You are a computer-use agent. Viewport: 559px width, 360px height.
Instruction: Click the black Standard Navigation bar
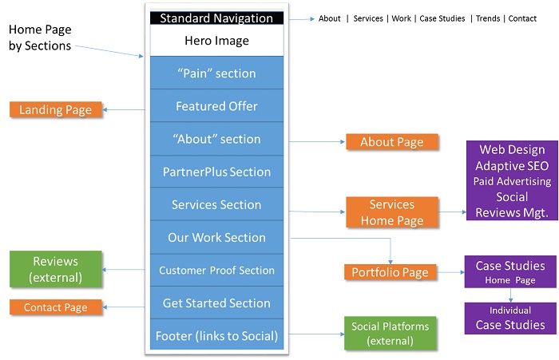click(216, 18)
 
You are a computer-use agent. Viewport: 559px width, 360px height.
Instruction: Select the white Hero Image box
click(216, 41)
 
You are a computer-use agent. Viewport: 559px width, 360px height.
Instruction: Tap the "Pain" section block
click(216, 73)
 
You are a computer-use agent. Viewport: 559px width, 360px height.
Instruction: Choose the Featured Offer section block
click(216, 106)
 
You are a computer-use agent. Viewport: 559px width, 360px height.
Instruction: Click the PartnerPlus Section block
click(216, 172)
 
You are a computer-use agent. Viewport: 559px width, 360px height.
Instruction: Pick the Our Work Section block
click(216, 237)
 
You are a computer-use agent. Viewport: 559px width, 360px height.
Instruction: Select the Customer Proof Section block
click(216, 271)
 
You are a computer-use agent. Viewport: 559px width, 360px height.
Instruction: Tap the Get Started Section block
click(216, 303)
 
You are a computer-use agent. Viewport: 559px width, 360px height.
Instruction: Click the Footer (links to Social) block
click(216, 335)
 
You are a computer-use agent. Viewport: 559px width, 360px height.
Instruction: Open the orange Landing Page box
click(56, 109)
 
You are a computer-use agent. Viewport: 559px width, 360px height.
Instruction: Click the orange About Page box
click(391, 142)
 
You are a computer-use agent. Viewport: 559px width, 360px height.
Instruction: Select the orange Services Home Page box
click(391, 212)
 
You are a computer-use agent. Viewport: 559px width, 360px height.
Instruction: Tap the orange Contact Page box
click(55, 307)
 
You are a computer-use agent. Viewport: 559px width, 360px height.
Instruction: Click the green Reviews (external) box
click(56, 269)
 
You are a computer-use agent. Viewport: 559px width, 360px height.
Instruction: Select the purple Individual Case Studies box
click(510, 318)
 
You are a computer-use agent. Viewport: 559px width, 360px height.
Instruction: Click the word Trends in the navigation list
click(488, 18)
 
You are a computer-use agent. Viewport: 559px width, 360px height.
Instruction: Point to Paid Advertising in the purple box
click(513, 181)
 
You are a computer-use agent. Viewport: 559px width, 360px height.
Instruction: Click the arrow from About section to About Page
click(315, 141)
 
